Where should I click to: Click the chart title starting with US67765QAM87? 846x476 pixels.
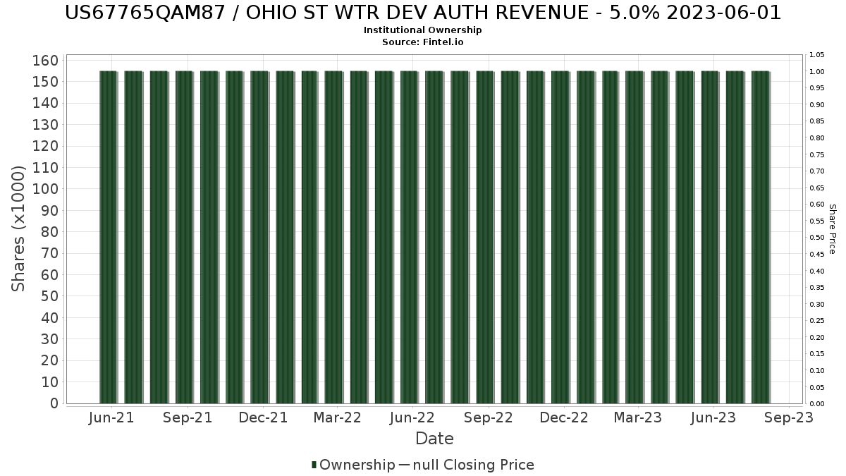click(423, 13)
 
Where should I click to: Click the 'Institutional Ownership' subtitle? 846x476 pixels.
click(423, 30)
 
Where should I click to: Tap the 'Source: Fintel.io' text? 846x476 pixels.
click(423, 42)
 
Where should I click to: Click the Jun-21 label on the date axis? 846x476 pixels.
click(111, 418)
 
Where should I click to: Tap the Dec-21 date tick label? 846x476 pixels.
click(262, 418)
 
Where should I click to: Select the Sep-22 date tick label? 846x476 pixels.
click(488, 418)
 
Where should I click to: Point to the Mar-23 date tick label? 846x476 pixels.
click(638, 418)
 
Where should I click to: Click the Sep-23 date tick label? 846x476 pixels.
click(789, 418)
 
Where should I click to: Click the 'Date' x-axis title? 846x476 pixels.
click(434, 439)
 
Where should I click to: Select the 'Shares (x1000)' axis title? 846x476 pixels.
click(19, 228)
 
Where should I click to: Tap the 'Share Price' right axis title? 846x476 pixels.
click(832, 228)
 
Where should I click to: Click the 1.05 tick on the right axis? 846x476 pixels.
click(817, 55)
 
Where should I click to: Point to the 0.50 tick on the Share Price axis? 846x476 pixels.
click(817, 238)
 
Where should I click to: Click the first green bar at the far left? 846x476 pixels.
click(108, 237)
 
